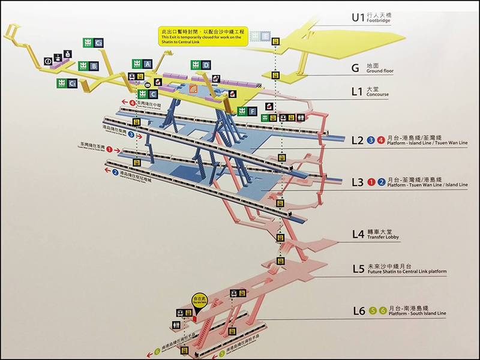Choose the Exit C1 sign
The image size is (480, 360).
tap(67, 83)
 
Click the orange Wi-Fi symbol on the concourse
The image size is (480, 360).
tap(193, 89)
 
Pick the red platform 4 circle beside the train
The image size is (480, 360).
tap(132, 103)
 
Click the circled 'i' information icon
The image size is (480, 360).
tap(48, 62)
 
